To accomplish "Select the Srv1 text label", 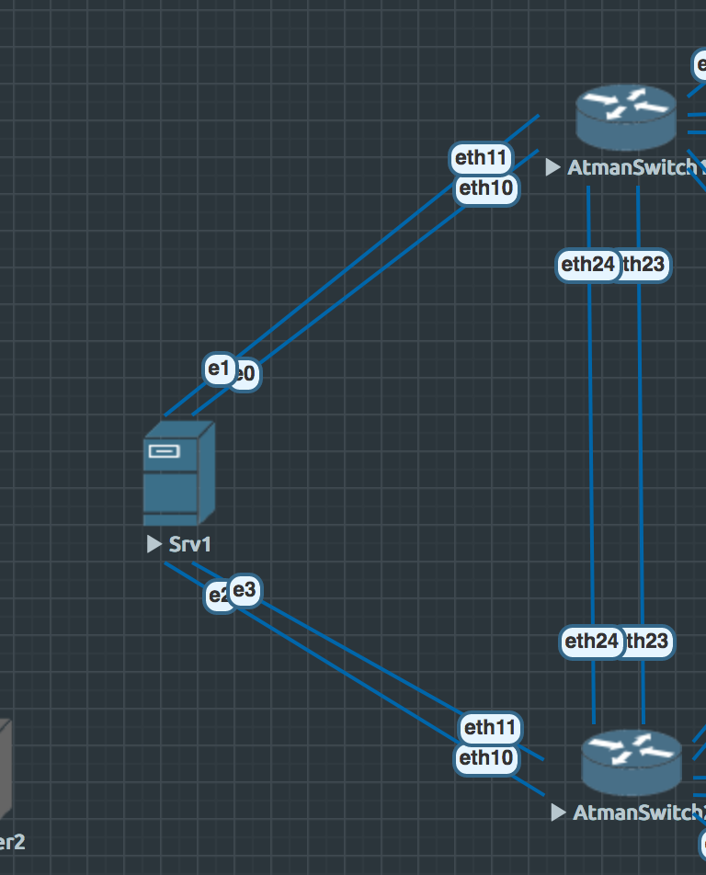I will [190, 544].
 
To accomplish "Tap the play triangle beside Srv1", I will [154, 544].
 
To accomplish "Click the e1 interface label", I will [219, 369].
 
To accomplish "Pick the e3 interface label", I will [245, 590].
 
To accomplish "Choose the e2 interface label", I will [217, 596].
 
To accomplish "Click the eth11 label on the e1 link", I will [482, 158].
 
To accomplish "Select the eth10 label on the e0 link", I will [486, 189].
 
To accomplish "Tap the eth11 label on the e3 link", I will [491, 728].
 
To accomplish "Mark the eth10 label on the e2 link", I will [486, 758].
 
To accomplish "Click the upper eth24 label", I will [587, 266].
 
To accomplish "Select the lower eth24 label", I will [590, 641].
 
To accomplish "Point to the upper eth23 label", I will [644, 266].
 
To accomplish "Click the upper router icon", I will [625, 115].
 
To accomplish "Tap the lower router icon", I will [631, 762].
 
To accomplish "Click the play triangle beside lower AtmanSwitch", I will [557, 812].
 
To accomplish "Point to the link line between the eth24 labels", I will [589, 450].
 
